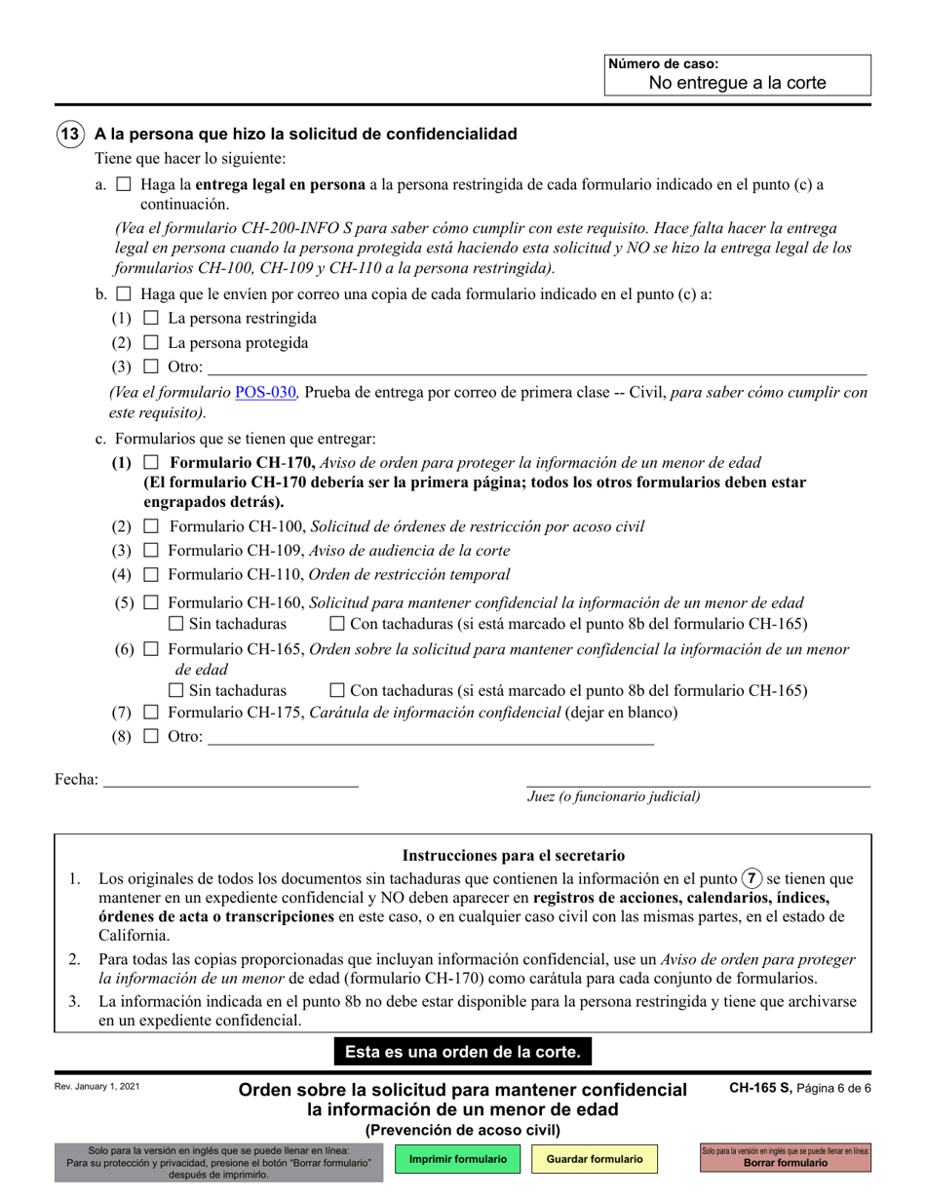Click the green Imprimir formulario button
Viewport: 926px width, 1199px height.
(458, 1159)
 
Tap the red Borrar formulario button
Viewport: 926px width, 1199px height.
(786, 1159)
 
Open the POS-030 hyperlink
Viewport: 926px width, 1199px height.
(265, 392)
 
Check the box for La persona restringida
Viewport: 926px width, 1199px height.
(150, 318)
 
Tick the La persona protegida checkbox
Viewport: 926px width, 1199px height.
(150, 343)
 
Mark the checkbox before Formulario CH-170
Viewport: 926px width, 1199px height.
(150, 462)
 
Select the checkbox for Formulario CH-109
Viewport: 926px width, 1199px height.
(150, 551)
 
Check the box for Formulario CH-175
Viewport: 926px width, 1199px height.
(150, 713)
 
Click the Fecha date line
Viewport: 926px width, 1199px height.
(230, 779)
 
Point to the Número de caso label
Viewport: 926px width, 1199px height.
(663, 63)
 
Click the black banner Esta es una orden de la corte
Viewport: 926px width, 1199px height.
(462, 1052)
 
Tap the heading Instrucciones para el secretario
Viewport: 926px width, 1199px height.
(514, 856)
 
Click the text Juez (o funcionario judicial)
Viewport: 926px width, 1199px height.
(614, 796)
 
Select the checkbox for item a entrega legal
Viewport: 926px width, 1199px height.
(123, 183)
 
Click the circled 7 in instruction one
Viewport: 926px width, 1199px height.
(752, 878)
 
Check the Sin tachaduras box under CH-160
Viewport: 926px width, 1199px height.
(176, 624)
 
